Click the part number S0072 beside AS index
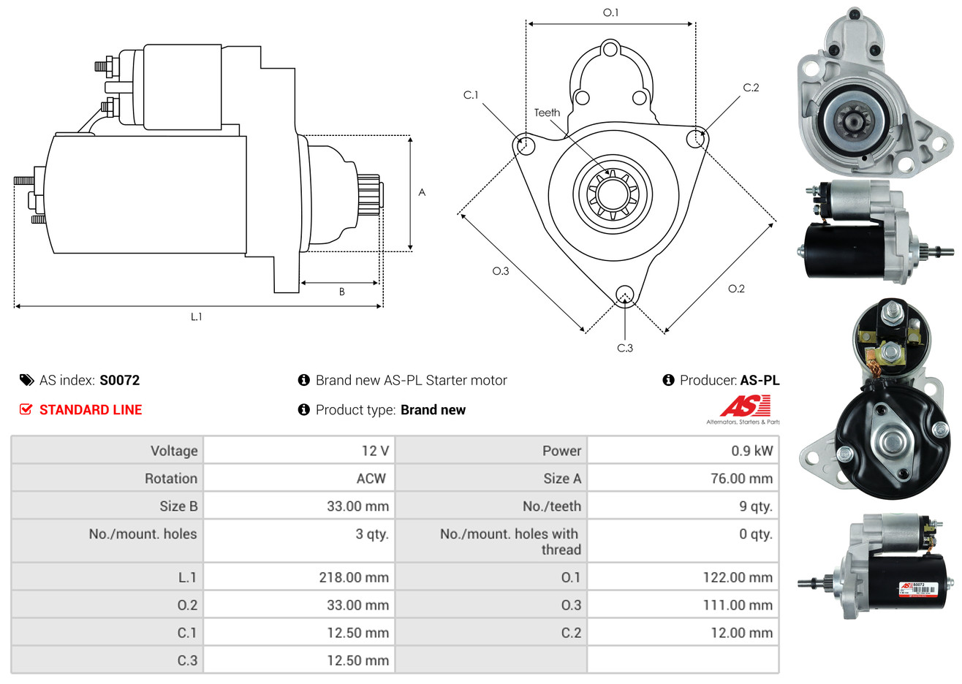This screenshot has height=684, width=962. point(119,380)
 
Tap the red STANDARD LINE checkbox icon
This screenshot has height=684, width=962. point(26,409)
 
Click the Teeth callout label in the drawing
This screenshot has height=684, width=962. point(547,113)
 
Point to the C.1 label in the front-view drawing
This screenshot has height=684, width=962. point(471,95)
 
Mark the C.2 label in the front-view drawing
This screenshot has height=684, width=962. point(751,88)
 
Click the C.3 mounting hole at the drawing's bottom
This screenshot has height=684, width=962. point(624,295)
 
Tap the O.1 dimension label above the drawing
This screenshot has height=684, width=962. point(610,12)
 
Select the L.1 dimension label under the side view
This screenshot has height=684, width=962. point(196,316)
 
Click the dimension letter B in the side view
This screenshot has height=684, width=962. point(341,292)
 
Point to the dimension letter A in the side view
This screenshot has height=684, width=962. point(422,192)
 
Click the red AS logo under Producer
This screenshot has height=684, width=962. point(745,406)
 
